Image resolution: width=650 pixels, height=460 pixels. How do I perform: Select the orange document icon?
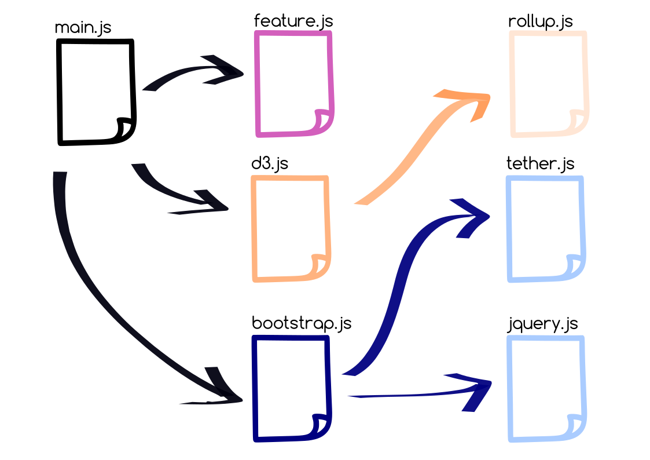pos(291,228)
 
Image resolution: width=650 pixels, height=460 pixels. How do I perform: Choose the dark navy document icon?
pos(291,388)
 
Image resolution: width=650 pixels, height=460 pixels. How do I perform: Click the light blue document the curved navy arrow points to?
pos(545,228)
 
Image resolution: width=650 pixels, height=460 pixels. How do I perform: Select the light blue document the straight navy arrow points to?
pos(546,388)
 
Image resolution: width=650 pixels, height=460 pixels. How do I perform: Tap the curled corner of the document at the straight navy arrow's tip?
pos(575,425)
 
